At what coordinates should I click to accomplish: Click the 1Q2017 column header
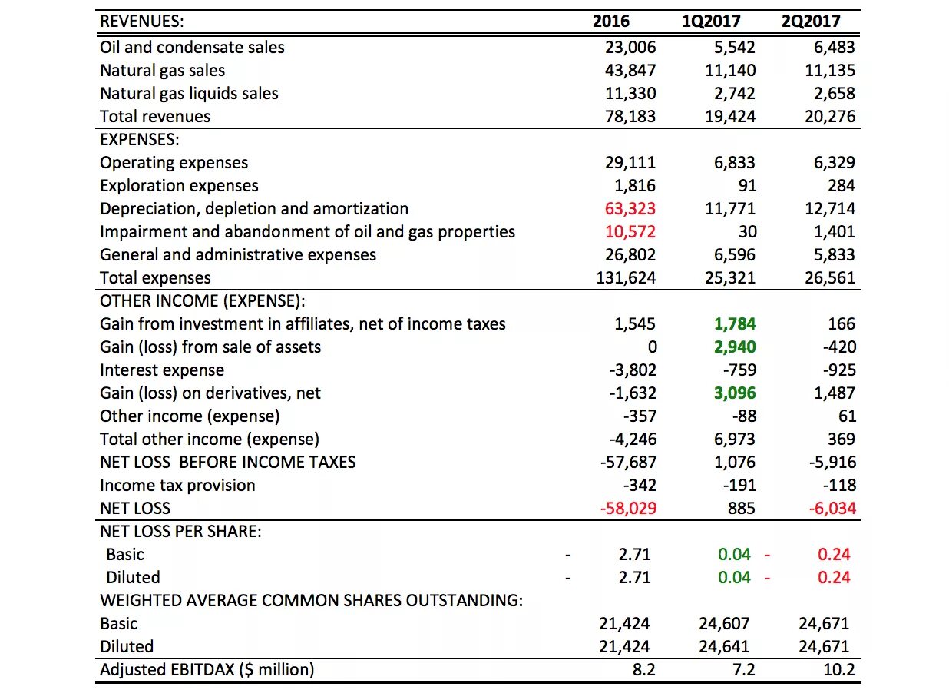point(711,22)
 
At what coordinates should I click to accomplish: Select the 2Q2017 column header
point(811,22)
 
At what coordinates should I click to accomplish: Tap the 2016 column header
point(611,22)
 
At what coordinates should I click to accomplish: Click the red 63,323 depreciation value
point(630,209)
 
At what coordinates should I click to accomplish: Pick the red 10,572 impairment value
point(630,231)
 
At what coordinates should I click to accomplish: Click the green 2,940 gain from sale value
point(735,347)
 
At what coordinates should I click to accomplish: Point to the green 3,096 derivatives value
point(735,393)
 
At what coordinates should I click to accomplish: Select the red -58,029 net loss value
point(628,508)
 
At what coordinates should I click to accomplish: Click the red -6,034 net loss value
point(832,508)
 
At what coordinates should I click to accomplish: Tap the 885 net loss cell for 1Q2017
point(742,508)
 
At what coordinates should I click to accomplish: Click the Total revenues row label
point(155,117)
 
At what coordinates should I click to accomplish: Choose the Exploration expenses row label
point(179,186)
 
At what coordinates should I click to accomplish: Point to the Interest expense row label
point(162,370)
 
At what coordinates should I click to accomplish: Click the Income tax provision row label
point(177,485)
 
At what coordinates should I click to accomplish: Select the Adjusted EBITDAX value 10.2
point(839,670)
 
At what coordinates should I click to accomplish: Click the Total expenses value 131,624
point(626,278)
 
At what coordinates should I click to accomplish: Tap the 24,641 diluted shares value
point(724,647)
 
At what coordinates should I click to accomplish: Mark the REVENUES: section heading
point(142,22)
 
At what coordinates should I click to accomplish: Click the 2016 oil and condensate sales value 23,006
point(630,47)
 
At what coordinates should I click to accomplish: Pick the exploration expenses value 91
point(746,186)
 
